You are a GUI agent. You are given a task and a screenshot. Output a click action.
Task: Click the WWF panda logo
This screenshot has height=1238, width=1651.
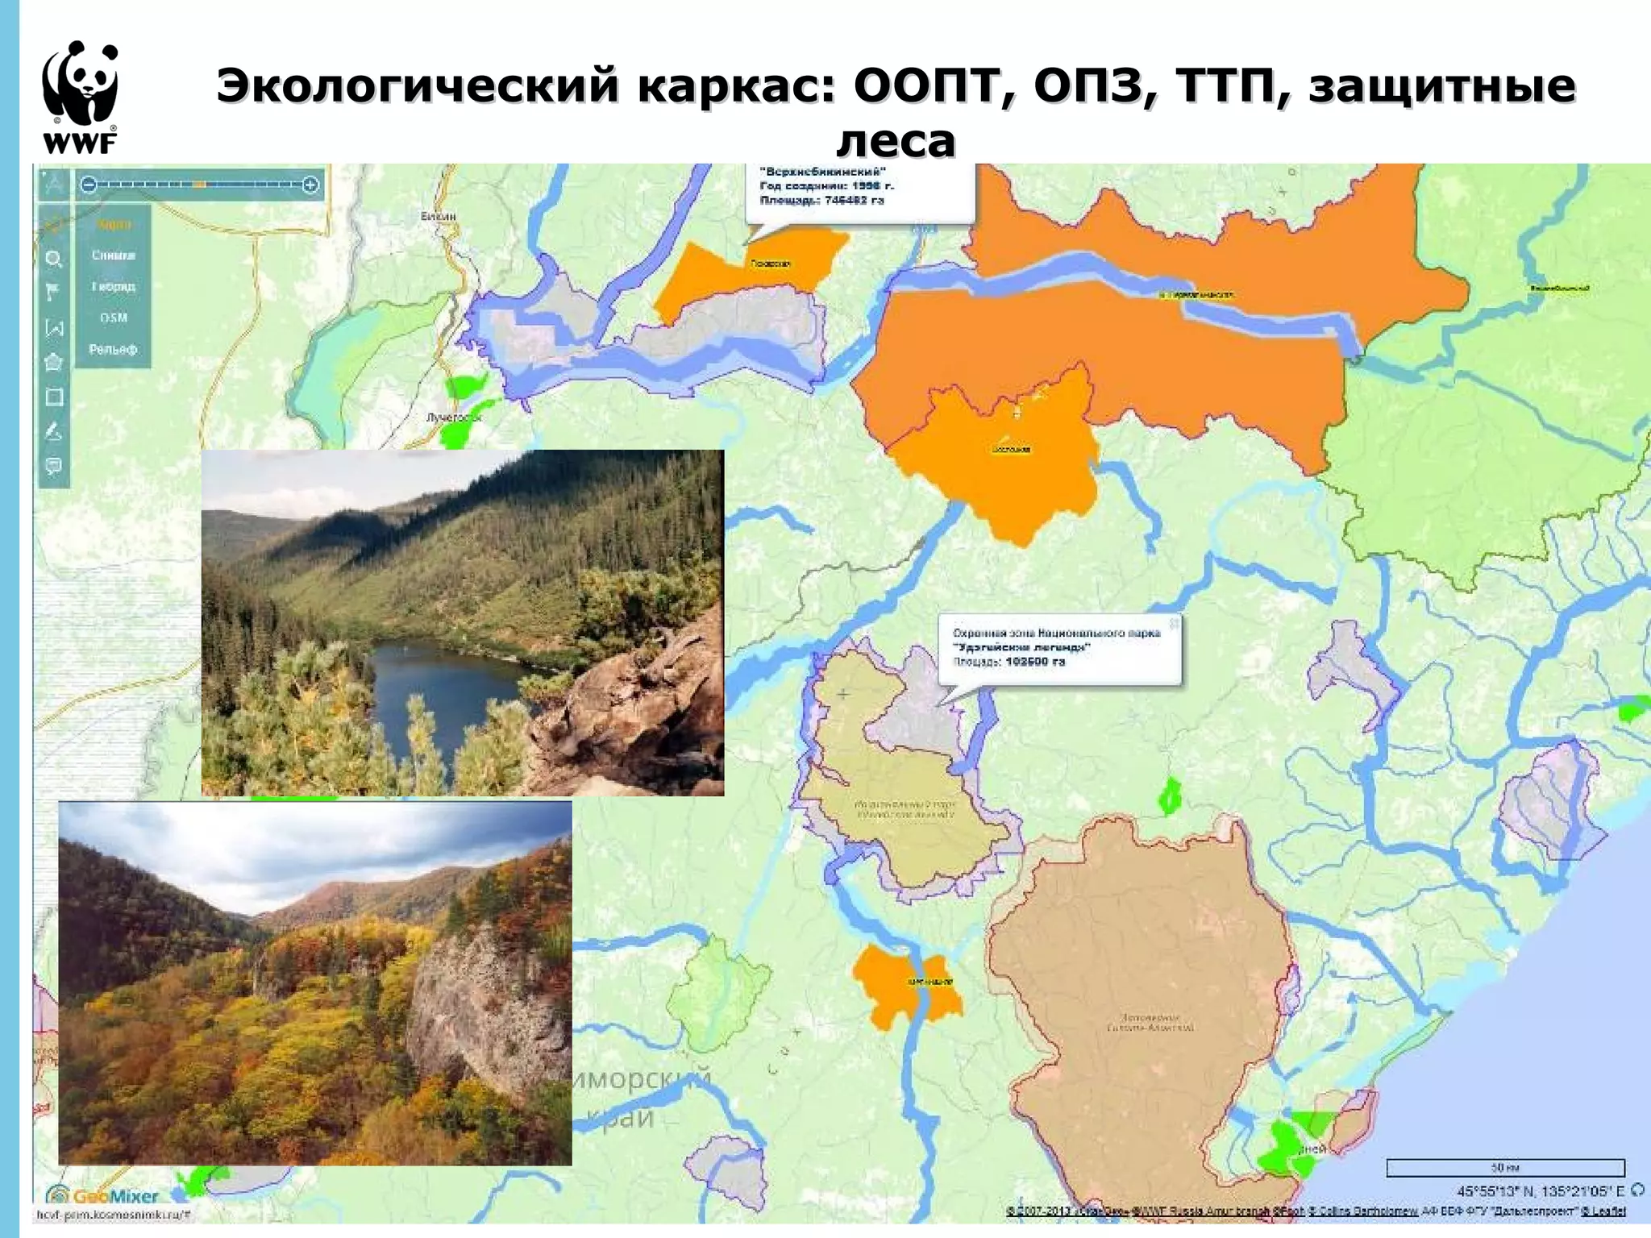point(81,96)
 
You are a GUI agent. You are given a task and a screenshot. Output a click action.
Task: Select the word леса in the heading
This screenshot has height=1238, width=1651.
point(896,142)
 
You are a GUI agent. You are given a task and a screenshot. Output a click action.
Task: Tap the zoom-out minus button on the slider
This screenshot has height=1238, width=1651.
point(89,185)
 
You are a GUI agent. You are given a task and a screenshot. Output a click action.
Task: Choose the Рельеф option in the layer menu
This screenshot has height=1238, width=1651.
point(113,349)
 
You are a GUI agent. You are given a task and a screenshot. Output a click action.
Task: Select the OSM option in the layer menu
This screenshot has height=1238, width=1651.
point(113,318)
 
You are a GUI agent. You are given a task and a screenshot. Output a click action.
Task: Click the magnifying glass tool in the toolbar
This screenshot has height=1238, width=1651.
point(54,259)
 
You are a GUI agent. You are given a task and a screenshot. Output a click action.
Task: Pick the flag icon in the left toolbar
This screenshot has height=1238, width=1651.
point(54,292)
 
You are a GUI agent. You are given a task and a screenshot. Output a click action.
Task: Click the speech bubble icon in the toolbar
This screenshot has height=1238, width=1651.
point(54,467)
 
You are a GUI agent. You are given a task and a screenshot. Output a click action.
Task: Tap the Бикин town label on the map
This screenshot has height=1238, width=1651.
point(438,216)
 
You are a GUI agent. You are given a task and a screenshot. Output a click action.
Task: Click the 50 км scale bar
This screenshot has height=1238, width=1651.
point(1504,1168)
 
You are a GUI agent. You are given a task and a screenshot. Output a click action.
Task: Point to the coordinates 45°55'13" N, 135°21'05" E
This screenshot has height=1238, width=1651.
point(1541,1190)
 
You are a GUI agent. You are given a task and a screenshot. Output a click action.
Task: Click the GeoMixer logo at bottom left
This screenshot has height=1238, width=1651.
point(103,1196)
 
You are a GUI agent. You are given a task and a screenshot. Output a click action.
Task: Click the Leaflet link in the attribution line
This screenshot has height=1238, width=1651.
point(1608,1211)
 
